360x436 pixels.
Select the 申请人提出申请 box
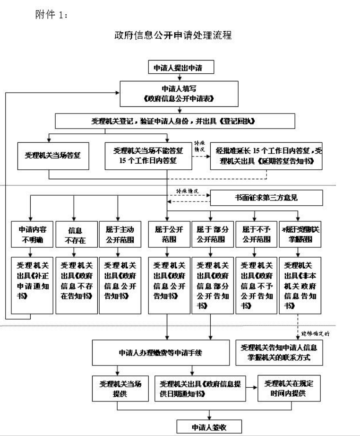tap(181, 68)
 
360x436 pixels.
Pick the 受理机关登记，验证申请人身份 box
tap(181, 121)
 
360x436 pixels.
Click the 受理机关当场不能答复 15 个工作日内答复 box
tap(148, 155)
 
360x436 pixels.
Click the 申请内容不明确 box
tap(31, 234)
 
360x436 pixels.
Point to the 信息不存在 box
tap(73, 234)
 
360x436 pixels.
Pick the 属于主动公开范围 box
tap(116, 234)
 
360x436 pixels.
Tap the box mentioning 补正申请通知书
tap(31, 284)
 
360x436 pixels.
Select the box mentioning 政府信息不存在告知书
tap(73, 284)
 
